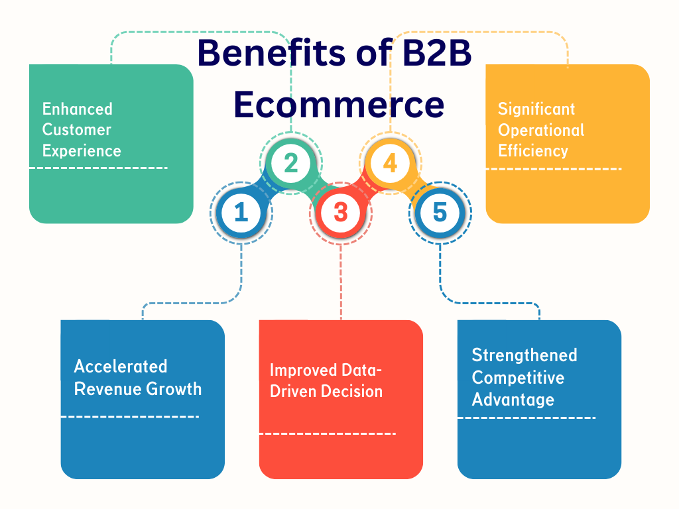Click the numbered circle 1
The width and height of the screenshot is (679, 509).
241,213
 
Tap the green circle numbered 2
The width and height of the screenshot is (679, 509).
290,163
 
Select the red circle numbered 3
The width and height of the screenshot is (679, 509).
340,213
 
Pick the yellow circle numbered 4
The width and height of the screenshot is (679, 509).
390,163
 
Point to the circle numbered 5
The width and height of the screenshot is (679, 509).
440,213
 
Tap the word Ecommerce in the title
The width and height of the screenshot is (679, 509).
339,105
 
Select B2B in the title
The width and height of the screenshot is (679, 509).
438,53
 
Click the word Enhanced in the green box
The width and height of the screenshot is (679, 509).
78,109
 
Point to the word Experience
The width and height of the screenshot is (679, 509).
82,150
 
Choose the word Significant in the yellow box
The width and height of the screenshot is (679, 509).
536,109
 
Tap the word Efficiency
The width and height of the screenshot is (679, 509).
533,150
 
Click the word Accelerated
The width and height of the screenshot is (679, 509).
121,367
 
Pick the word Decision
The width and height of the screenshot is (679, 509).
352,391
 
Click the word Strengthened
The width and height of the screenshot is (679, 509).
525,355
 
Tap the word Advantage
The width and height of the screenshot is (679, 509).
513,400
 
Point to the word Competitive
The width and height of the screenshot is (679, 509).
518,378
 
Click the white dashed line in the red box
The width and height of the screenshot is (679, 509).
327,433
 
